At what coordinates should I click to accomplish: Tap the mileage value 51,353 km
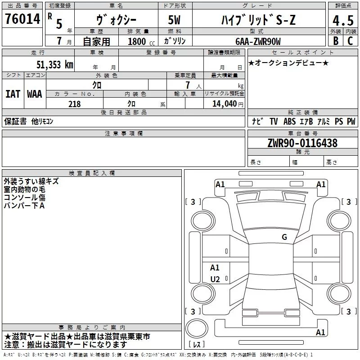54,64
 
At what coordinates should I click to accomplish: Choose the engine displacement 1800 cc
137,41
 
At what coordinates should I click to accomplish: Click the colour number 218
74,104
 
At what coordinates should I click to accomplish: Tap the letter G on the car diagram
284,237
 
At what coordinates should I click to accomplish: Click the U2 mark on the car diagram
215,279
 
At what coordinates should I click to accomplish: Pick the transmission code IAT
13,94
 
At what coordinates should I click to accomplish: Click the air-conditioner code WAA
34,94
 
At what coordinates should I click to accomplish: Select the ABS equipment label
289,121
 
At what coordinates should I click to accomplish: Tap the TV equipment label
274,121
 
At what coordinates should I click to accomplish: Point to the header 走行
38,53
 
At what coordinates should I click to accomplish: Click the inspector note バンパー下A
24,205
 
